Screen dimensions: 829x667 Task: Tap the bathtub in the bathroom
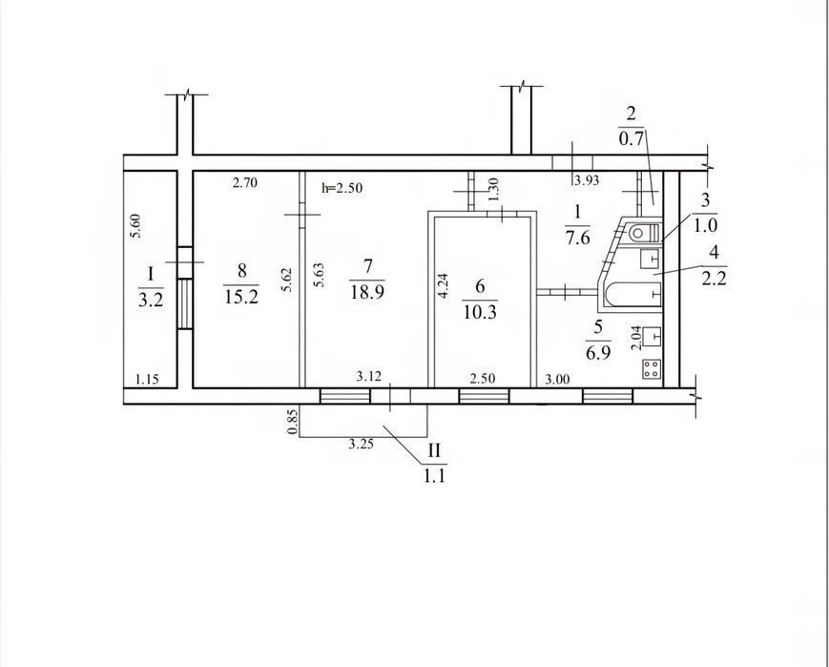pos(634,295)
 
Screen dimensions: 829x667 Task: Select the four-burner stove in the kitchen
pos(652,368)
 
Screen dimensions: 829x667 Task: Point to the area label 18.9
pos(367,291)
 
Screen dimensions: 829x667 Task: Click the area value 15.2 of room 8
pos(241,296)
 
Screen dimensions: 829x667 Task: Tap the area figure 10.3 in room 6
pos(480,312)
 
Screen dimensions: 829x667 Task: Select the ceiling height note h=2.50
pos(342,187)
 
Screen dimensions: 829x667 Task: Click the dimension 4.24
pos(444,285)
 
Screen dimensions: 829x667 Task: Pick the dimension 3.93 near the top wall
pos(587,180)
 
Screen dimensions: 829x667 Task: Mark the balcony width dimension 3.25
pos(362,444)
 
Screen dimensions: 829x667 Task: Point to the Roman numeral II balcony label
pos(434,450)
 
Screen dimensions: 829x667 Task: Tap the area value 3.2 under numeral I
pos(151,301)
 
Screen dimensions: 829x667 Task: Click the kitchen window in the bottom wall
pos(608,396)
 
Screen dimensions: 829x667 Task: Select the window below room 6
pos(484,396)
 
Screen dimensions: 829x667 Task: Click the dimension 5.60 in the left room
pos(135,226)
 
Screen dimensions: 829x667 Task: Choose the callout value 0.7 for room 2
pos(631,139)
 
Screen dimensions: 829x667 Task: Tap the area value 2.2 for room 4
pos(715,278)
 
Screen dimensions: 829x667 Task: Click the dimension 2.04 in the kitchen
pos(636,338)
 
